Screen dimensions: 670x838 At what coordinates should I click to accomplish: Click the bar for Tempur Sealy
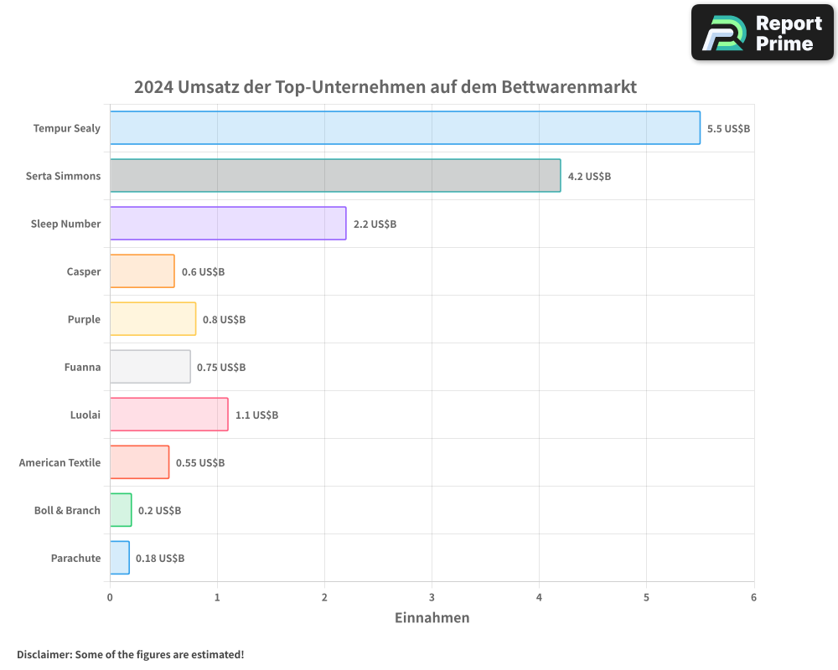tap(405, 128)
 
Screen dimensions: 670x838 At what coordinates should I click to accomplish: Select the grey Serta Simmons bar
tap(335, 176)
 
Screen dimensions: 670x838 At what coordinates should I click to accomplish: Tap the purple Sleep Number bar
tap(228, 224)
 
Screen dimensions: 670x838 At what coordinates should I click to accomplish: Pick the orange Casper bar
tap(142, 271)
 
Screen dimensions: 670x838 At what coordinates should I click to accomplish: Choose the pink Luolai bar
tap(168, 415)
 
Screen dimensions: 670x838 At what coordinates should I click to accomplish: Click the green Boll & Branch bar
tap(121, 510)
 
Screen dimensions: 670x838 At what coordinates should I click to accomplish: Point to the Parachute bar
tap(120, 558)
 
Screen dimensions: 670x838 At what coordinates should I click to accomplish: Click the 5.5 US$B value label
tap(728, 129)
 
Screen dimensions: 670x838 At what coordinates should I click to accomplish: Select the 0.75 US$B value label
tap(221, 368)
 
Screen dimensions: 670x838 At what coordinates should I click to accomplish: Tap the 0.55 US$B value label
tap(200, 463)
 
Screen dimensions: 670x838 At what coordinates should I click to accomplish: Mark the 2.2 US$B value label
tap(375, 224)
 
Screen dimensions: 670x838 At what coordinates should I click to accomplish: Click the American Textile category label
tap(59, 463)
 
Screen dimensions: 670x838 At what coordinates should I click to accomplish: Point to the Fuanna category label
tap(82, 368)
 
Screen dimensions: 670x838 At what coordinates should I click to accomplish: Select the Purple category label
tap(84, 320)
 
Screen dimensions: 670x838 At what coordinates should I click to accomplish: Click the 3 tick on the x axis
tap(432, 597)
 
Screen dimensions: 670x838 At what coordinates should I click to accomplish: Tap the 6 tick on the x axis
tap(753, 597)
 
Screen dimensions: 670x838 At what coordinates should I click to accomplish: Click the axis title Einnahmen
tap(432, 618)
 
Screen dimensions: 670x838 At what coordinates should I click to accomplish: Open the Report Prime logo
tap(762, 33)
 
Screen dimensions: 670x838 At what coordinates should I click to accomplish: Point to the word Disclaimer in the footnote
tap(44, 654)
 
